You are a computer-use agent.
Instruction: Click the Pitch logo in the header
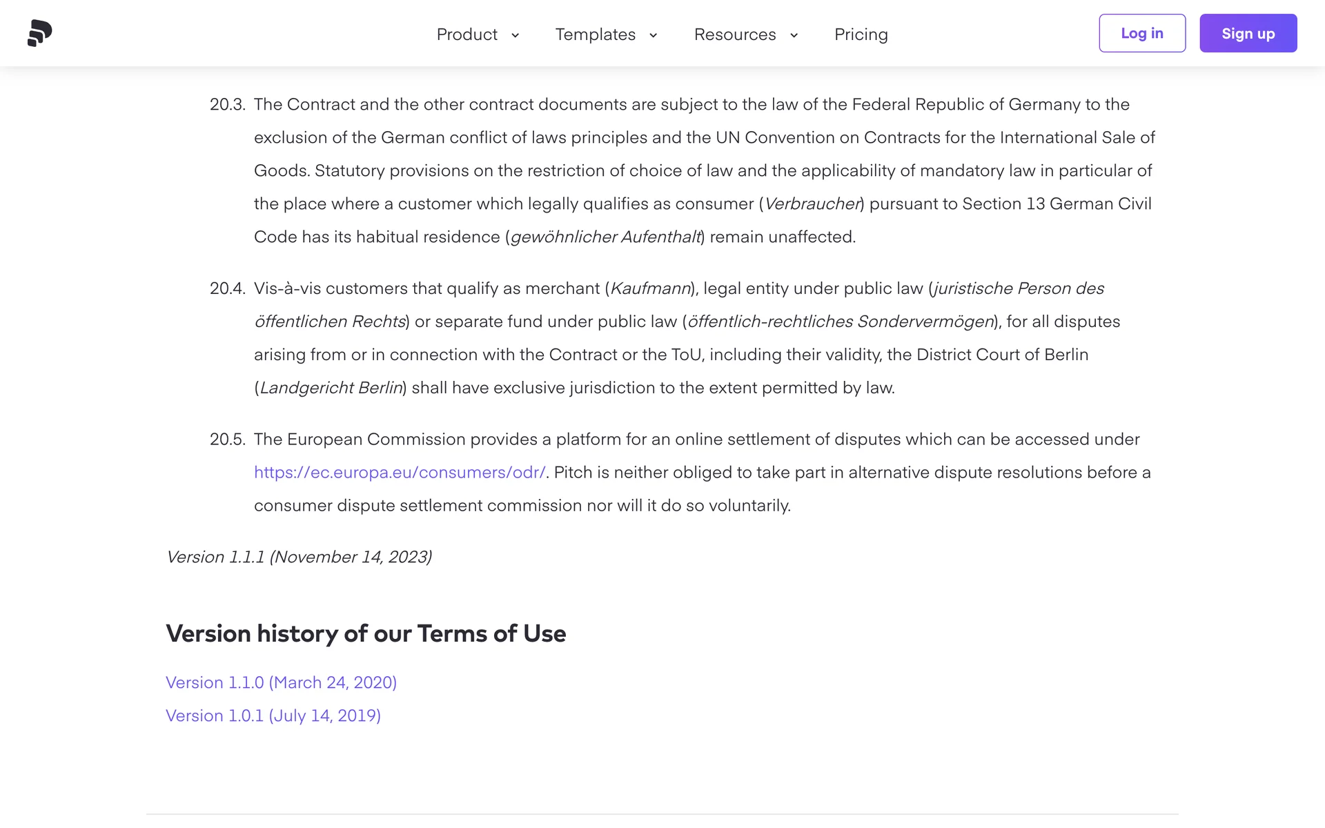[x=40, y=33]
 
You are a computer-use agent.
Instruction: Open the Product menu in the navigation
[x=467, y=34]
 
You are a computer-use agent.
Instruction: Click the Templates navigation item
[x=596, y=34]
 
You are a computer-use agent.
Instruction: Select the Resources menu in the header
[x=735, y=34]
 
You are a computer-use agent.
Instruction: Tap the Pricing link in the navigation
[x=861, y=34]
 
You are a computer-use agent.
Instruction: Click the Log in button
[x=1141, y=33]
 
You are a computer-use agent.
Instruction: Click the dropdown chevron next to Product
[x=515, y=35]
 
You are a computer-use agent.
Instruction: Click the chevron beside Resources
[x=794, y=35]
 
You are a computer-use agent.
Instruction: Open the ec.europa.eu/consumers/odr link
[x=400, y=473]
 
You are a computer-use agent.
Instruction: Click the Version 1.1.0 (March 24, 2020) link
[x=281, y=682]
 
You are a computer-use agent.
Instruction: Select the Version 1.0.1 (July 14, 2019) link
[x=273, y=716]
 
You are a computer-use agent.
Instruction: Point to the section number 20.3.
[x=227, y=105]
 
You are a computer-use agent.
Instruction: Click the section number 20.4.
[x=227, y=288]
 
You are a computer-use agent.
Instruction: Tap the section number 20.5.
[x=227, y=440]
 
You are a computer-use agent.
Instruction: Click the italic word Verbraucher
[x=812, y=204]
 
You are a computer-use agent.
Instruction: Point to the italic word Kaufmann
[x=650, y=288]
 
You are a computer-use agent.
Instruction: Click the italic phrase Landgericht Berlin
[x=331, y=388]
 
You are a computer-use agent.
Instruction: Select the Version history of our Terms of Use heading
[x=366, y=633]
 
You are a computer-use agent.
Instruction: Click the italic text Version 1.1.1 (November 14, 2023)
[x=299, y=557]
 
